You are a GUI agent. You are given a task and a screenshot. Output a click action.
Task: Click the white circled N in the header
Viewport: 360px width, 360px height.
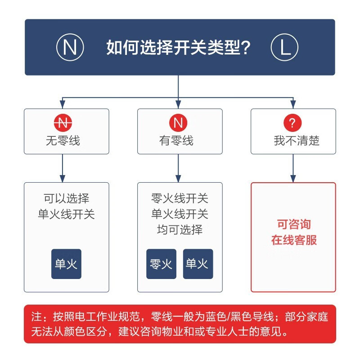pos(70,47)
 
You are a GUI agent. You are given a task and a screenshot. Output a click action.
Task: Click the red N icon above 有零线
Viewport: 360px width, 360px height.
pos(178,122)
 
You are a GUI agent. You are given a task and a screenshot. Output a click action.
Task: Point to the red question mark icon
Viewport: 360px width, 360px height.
pos(292,122)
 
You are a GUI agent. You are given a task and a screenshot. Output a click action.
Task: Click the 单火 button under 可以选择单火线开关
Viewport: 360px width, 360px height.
pos(66,264)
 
